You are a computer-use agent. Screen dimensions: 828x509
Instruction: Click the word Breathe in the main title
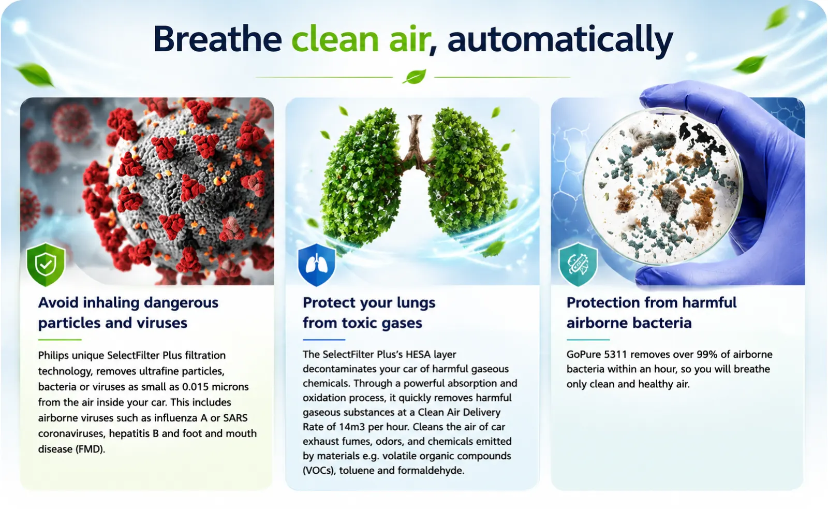218,39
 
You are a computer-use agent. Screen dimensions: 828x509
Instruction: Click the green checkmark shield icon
46,265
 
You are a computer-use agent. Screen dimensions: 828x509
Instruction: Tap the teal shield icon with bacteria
578,265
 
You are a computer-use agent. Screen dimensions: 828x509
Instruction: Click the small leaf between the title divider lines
414,77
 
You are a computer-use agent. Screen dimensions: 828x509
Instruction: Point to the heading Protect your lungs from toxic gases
369,313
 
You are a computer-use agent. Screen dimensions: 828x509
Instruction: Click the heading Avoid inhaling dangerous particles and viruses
128,313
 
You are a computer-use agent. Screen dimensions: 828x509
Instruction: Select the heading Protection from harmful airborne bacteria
652,313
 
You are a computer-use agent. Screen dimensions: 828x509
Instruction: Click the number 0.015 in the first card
197,387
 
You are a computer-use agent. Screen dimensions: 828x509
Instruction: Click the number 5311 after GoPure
615,354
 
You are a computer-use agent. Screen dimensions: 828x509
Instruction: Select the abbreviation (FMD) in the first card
90,449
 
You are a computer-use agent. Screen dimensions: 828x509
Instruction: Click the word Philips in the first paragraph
53,356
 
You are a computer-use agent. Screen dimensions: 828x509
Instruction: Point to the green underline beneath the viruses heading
60,339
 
